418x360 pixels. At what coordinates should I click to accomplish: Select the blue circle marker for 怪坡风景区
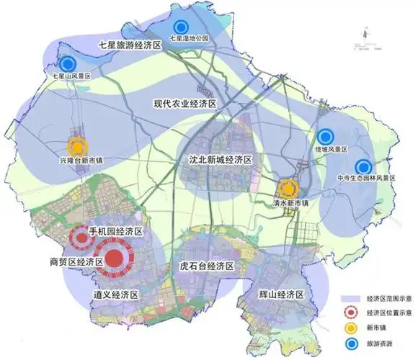325,135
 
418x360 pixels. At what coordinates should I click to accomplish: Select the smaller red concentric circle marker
79,237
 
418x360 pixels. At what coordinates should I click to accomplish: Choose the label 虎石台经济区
207,266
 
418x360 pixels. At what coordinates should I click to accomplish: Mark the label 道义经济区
115,295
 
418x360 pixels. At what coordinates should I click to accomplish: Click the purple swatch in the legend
351,297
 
